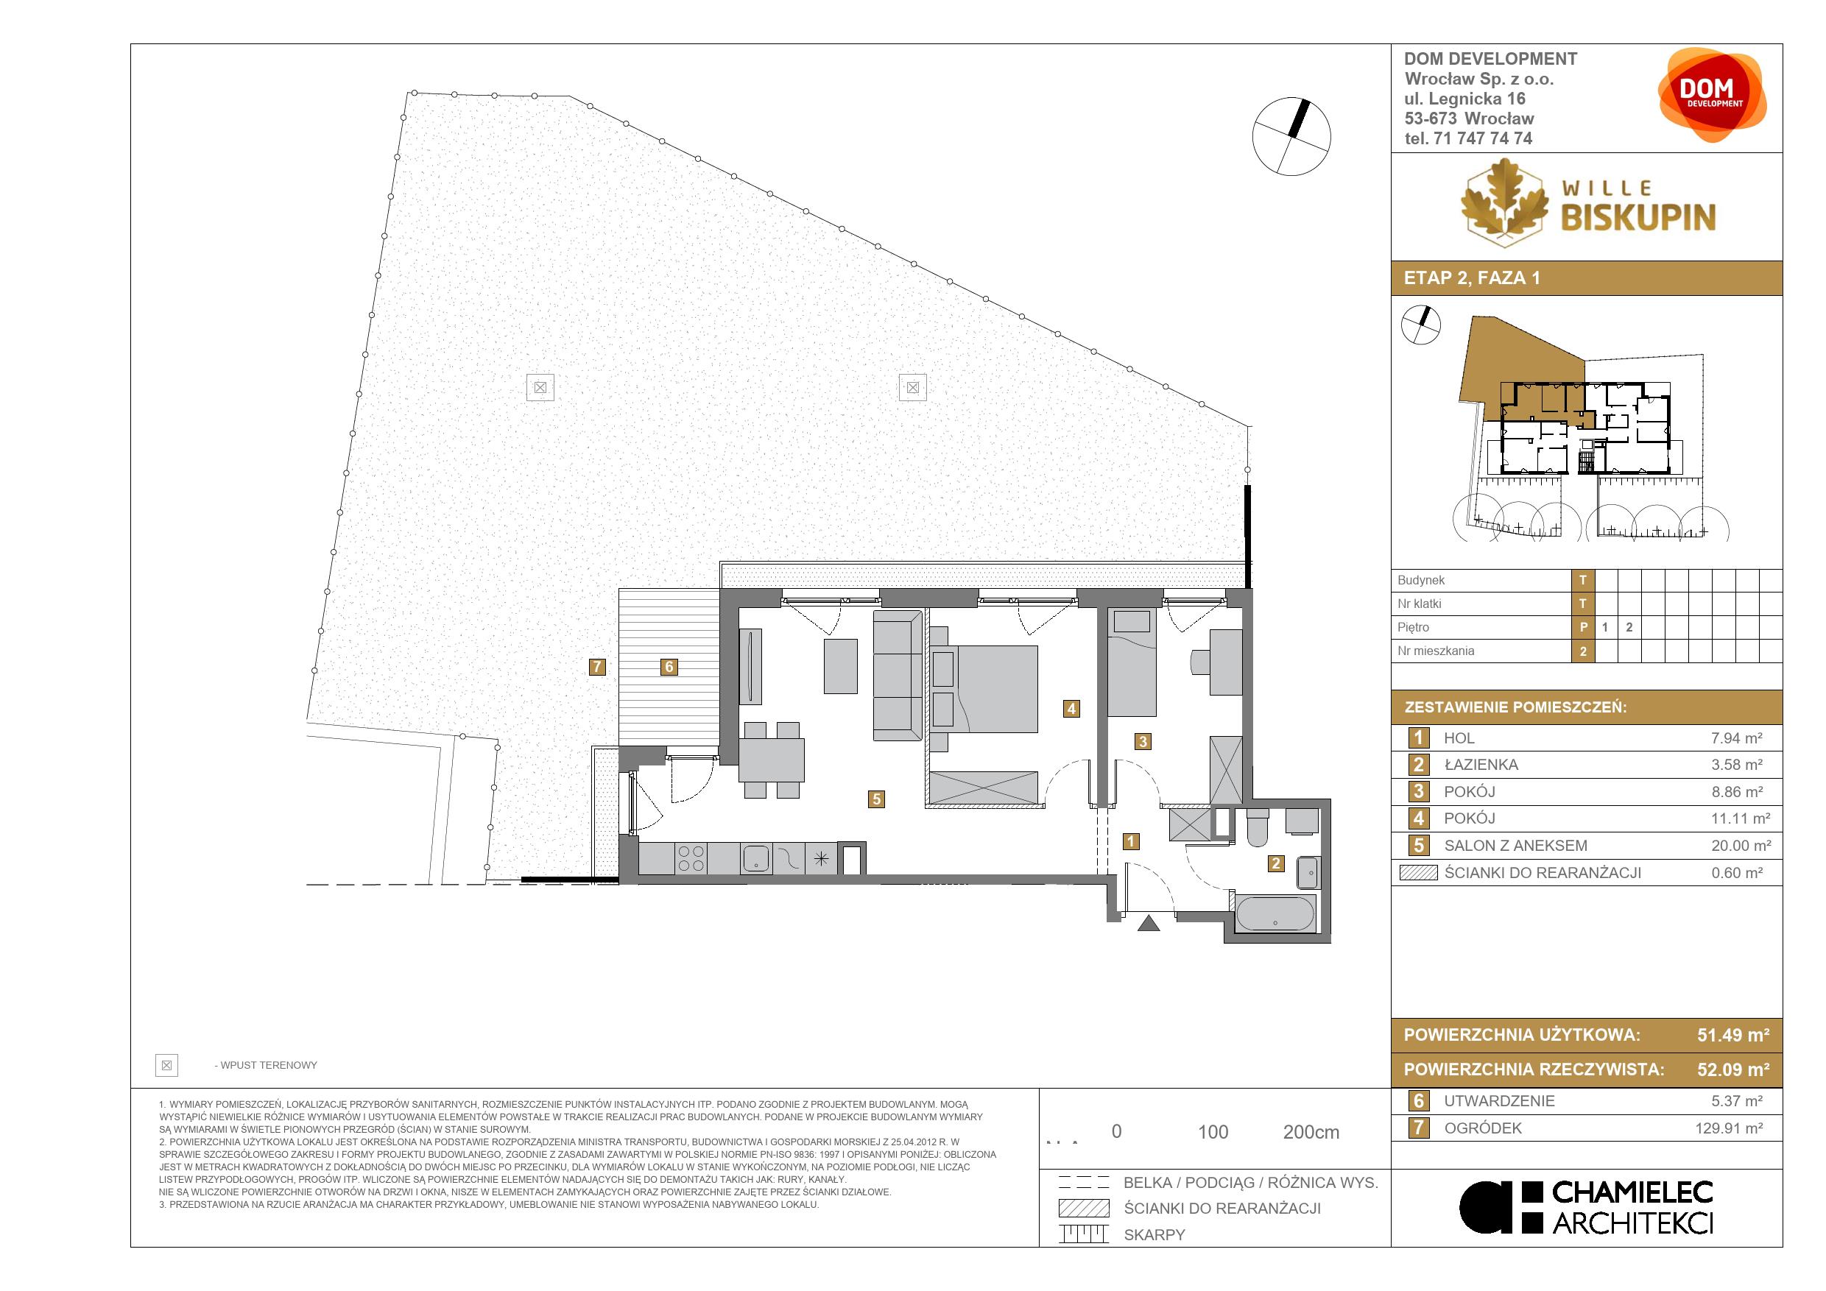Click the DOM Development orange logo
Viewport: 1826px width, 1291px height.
pos(1713,96)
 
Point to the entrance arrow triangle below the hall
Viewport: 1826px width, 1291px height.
pos(1149,923)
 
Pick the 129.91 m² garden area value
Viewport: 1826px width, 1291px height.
pos(1729,1128)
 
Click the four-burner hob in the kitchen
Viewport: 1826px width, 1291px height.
pos(691,858)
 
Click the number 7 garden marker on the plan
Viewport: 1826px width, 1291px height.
pos(597,667)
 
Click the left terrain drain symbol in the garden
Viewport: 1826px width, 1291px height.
pos(540,388)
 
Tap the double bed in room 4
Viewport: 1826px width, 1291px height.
pos(984,688)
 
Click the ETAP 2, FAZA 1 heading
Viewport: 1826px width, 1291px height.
pos(1472,278)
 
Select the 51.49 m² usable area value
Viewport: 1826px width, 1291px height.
pos(1733,1035)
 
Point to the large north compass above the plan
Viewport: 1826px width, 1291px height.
pos(1291,137)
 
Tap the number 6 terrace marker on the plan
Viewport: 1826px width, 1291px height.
pos(669,667)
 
